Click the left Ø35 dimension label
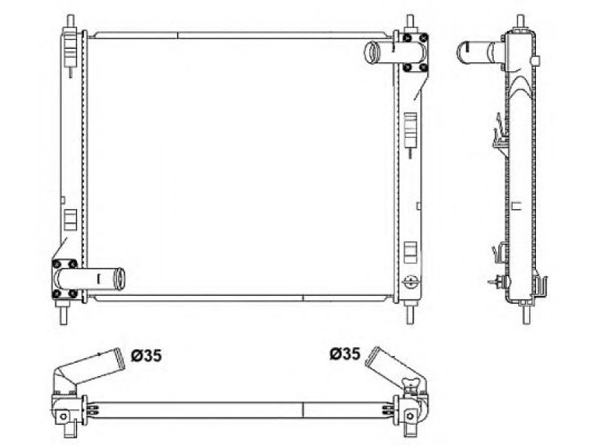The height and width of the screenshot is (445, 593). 146,355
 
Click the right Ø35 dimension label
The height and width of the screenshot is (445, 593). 345,354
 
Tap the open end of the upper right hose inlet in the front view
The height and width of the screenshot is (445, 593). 371,53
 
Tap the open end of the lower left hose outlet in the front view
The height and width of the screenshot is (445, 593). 120,279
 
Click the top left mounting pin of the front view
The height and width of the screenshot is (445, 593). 70,22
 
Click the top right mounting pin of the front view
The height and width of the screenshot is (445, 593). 410,22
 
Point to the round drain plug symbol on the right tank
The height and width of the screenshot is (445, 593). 411,281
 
